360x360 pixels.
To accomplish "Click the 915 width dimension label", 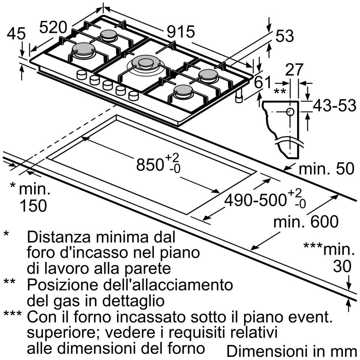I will (181, 32).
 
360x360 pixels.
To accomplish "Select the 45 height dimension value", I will (16, 34).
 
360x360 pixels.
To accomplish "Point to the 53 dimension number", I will (285, 36).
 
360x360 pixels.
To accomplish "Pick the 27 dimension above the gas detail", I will (295, 70).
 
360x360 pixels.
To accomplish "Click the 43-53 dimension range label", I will (334, 106).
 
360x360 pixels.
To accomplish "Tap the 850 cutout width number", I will (150, 165).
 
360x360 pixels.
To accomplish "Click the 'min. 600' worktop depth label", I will (306, 222).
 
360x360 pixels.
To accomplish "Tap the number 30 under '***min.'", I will (342, 267).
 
